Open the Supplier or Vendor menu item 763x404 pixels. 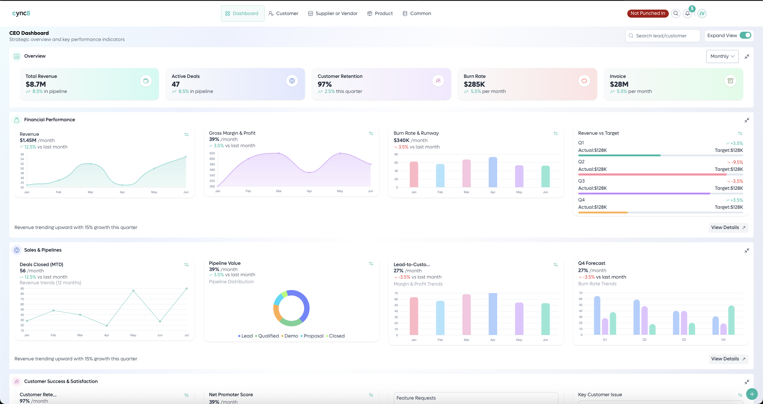(x=333, y=13)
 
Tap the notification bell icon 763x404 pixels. (x=687, y=13)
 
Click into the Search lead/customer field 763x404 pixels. (x=663, y=36)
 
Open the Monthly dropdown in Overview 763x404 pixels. (x=722, y=56)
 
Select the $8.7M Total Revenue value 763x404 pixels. (x=36, y=84)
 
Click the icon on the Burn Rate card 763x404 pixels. (x=584, y=81)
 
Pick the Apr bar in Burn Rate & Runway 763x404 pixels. (x=493, y=172)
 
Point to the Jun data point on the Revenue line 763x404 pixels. (x=186, y=157)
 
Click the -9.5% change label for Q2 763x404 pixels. (x=736, y=162)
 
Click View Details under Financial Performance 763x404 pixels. (x=728, y=227)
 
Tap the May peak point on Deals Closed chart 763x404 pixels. (x=133, y=291)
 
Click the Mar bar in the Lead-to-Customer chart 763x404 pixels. (x=467, y=314)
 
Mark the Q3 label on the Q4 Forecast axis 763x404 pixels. (x=684, y=339)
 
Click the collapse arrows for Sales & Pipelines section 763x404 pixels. (x=747, y=251)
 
